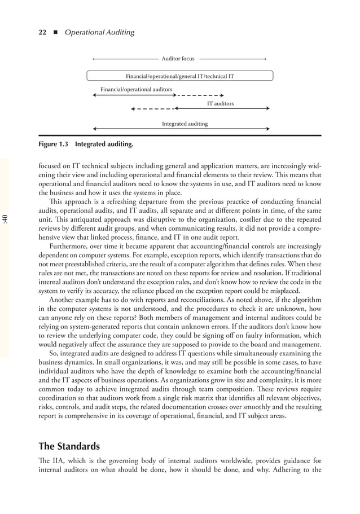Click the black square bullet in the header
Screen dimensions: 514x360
(x=56, y=32)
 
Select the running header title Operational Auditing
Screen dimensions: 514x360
(x=99, y=32)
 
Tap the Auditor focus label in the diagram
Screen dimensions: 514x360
(x=178, y=58)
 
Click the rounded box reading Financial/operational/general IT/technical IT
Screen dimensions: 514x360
(x=179, y=76)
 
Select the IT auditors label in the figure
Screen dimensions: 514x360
(x=219, y=104)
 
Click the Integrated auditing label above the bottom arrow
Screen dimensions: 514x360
(x=185, y=124)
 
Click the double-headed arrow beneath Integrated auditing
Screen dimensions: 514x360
(x=181, y=130)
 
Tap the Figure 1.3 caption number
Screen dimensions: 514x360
(x=53, y=144)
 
